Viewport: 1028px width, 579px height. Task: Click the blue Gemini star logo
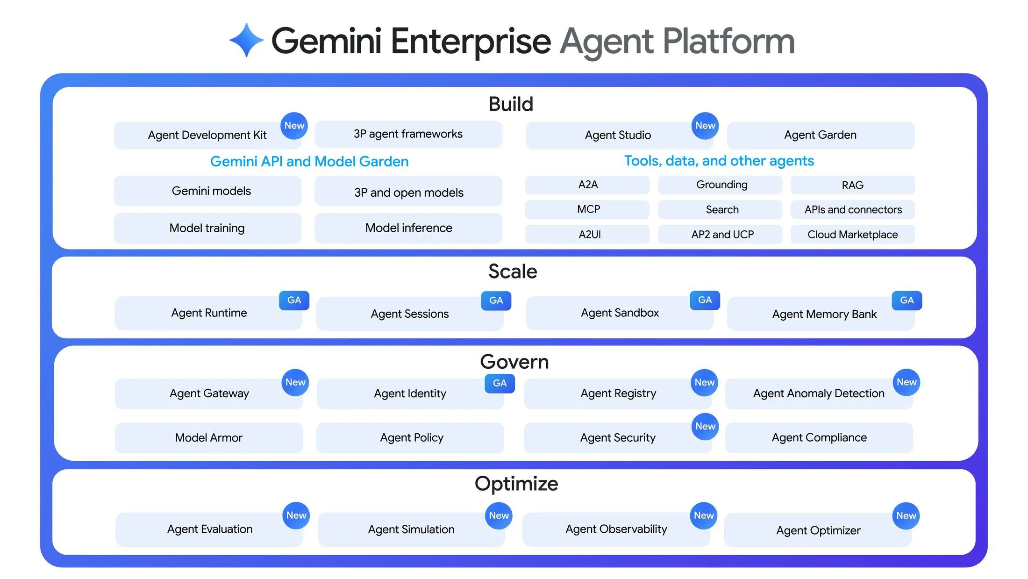246,40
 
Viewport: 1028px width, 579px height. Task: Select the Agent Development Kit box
207,135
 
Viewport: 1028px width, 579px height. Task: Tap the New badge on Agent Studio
705,125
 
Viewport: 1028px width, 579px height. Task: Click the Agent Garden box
820,135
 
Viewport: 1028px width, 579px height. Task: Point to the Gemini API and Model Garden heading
309,161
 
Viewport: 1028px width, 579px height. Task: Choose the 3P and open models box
408,192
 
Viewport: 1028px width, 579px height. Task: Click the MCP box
588,209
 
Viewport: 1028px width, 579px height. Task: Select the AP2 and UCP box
722,234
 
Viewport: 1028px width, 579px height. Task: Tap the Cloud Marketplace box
852,234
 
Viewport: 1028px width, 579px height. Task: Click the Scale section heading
513,272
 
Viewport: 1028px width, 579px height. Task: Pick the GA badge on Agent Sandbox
705,300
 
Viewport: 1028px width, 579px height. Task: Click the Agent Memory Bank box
824,314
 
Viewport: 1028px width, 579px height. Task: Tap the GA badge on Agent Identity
500,383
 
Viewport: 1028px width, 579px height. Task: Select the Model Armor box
208,437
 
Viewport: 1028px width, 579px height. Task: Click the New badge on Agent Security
705,426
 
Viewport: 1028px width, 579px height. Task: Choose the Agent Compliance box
819,437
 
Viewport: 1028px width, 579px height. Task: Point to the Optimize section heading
516,484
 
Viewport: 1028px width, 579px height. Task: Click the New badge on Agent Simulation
499,515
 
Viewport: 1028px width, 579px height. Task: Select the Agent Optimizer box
818,530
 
